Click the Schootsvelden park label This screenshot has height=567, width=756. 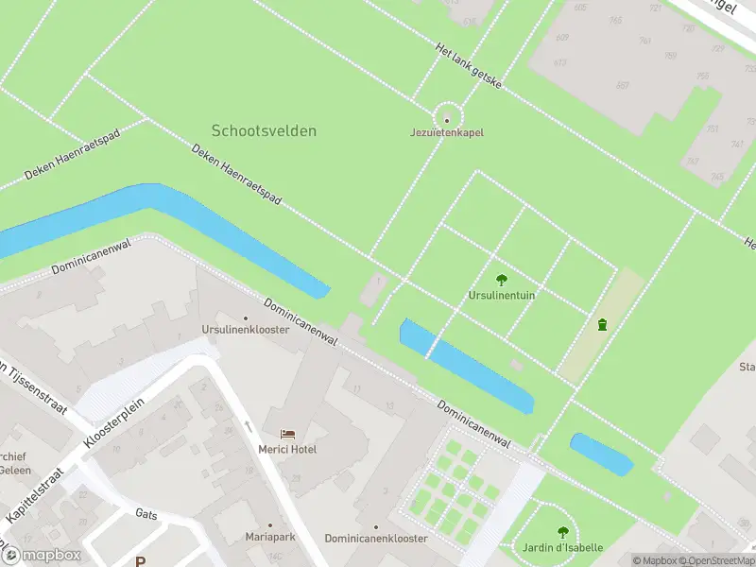[x=264, y=131]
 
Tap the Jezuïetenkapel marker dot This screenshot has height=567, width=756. [x=447, y=119]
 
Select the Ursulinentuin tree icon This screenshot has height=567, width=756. [x=502, y=279]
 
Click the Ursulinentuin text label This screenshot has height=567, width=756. [x=502, y=295]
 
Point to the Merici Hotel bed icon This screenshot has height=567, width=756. [x=287, y=433]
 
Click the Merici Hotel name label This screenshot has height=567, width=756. [x=287, y=449]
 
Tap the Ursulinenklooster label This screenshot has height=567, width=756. [x=245, y=329]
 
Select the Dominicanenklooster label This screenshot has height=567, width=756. [x=376, y=538]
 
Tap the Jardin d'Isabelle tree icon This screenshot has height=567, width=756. [x=563, y=532]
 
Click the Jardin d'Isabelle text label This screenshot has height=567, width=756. [x=563, y=548]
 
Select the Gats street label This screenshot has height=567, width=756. [x=146, y=514]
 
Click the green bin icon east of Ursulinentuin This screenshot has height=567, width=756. [x=602, y=325]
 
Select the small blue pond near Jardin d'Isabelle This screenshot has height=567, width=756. [x=601, y=455]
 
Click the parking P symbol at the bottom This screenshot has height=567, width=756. [x=140, y=561]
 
